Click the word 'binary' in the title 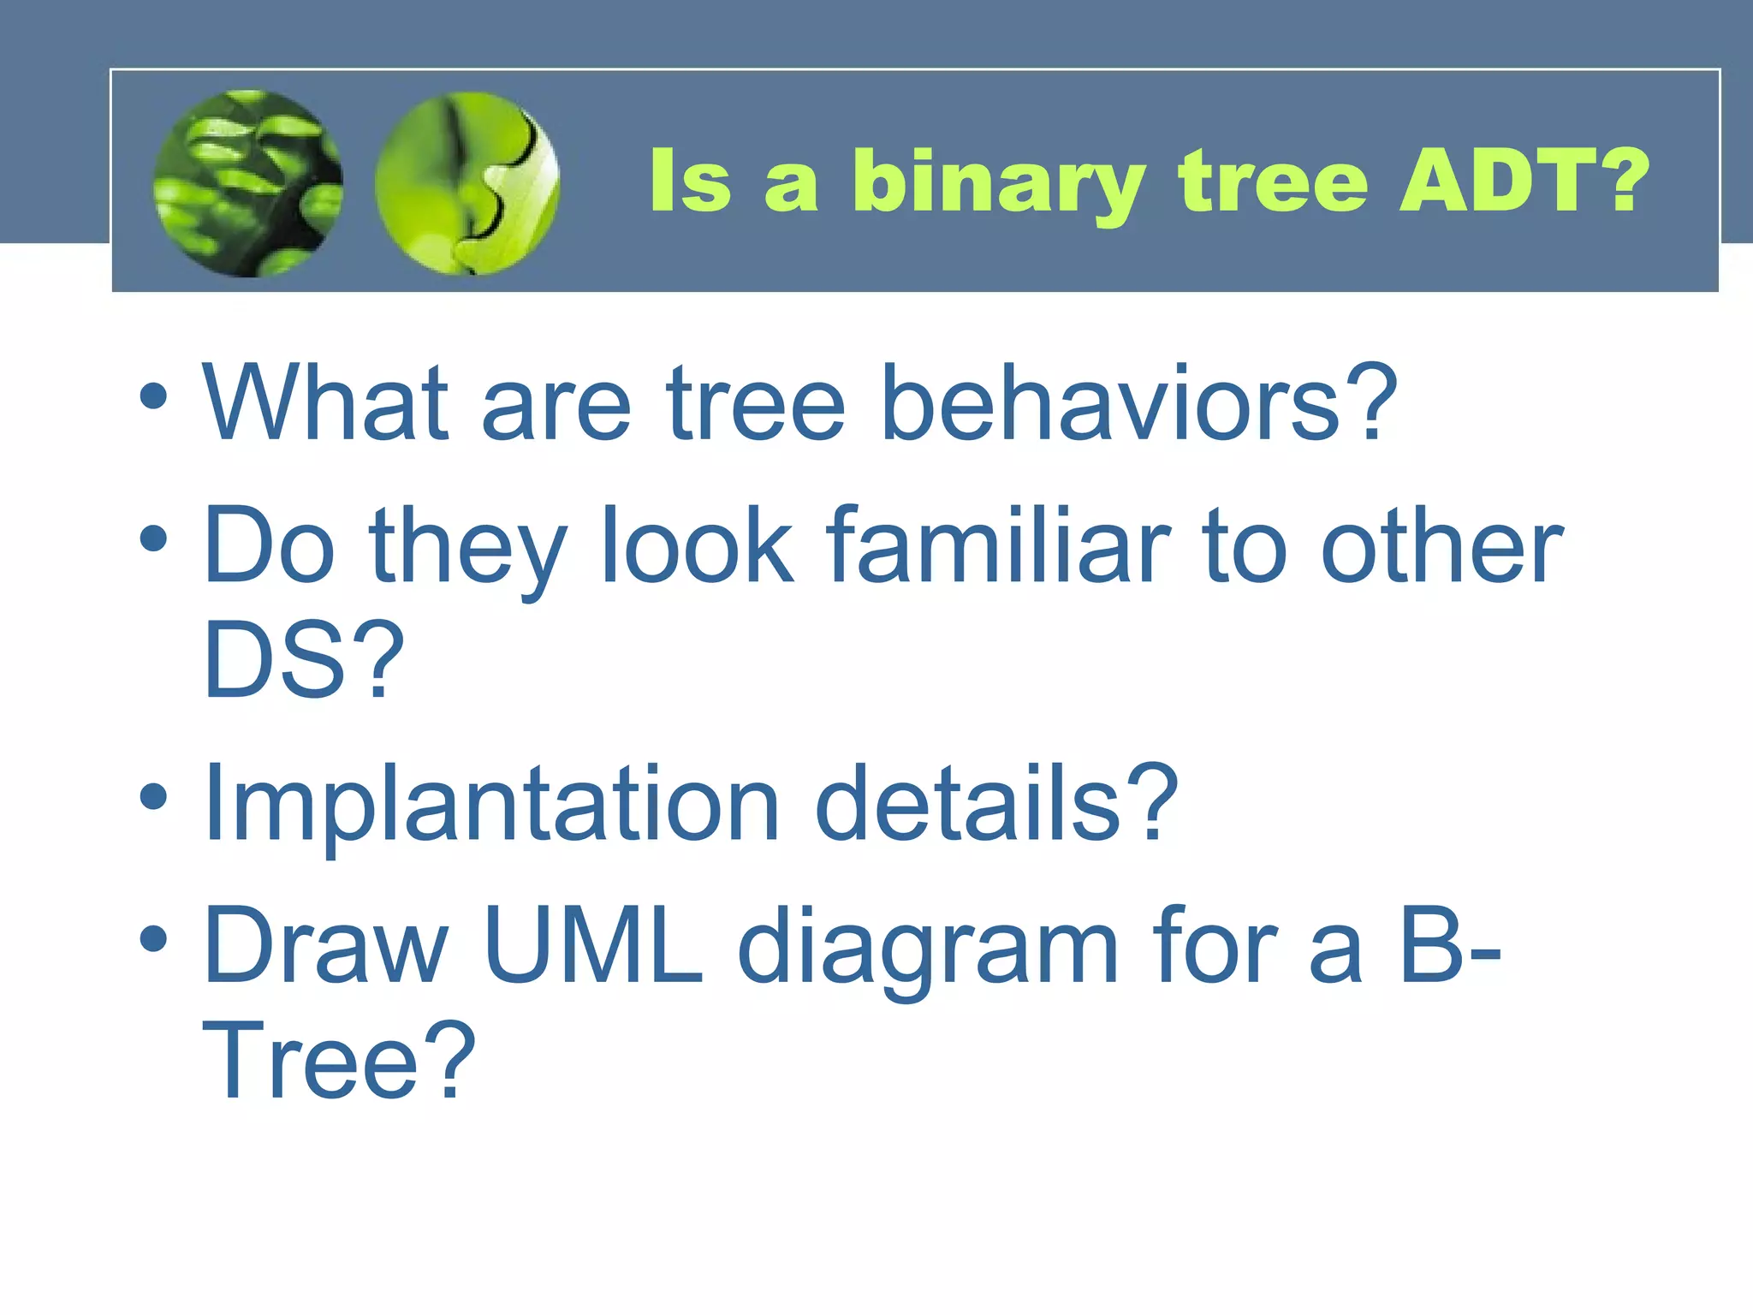[998, 181]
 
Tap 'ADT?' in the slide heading [1523, 180]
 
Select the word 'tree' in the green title [1273, 181]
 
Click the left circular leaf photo [248, 183]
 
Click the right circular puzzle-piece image [467, 183]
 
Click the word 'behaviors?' [1138, 402]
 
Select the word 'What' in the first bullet [325, 402]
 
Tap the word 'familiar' [997, 545]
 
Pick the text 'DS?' [303, 661]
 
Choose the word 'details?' [997, 803]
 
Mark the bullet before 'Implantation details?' [153, 797]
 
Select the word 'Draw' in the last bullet [325, 946]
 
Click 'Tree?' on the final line [338, 1062]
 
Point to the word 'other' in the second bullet [1441, 545]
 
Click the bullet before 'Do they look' [153, 539]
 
